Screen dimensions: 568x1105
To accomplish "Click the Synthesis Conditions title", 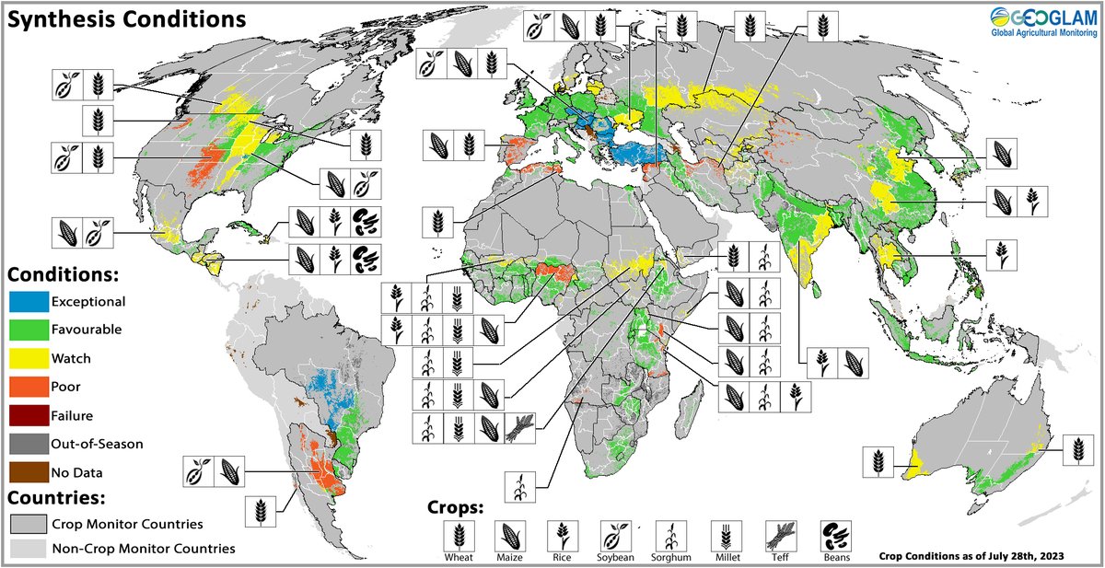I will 127,18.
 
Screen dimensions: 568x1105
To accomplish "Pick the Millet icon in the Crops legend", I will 726,535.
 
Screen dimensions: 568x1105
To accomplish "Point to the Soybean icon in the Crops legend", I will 617,535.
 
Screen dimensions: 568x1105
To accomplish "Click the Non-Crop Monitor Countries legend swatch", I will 27,548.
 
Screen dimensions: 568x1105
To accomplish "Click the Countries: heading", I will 59,498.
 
